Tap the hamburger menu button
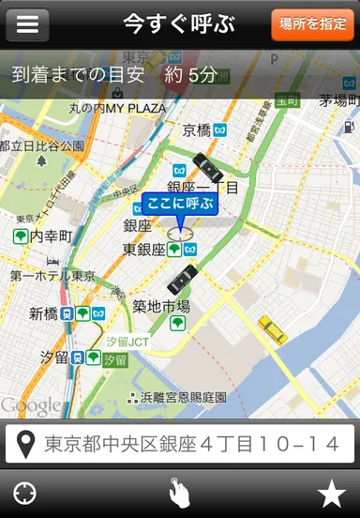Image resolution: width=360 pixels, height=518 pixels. point(27,24)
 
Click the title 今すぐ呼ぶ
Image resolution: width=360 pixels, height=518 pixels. point(179,24)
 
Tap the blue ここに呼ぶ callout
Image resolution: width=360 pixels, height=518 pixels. point(180,204)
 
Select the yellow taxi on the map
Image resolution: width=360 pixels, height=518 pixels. point(272,328)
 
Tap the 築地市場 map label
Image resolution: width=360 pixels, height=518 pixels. point(160,306)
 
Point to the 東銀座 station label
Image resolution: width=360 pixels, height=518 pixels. point(144,250)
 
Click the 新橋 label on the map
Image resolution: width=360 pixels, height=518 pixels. point(43,313)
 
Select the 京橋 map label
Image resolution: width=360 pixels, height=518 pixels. point(197,130)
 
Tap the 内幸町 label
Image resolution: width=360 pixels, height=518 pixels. point(51,236)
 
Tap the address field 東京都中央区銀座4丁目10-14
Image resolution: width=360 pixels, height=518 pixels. point(192,444)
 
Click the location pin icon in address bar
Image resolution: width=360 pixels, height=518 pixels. point(25,444)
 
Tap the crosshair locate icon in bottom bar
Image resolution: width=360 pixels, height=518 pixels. point(25,493)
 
